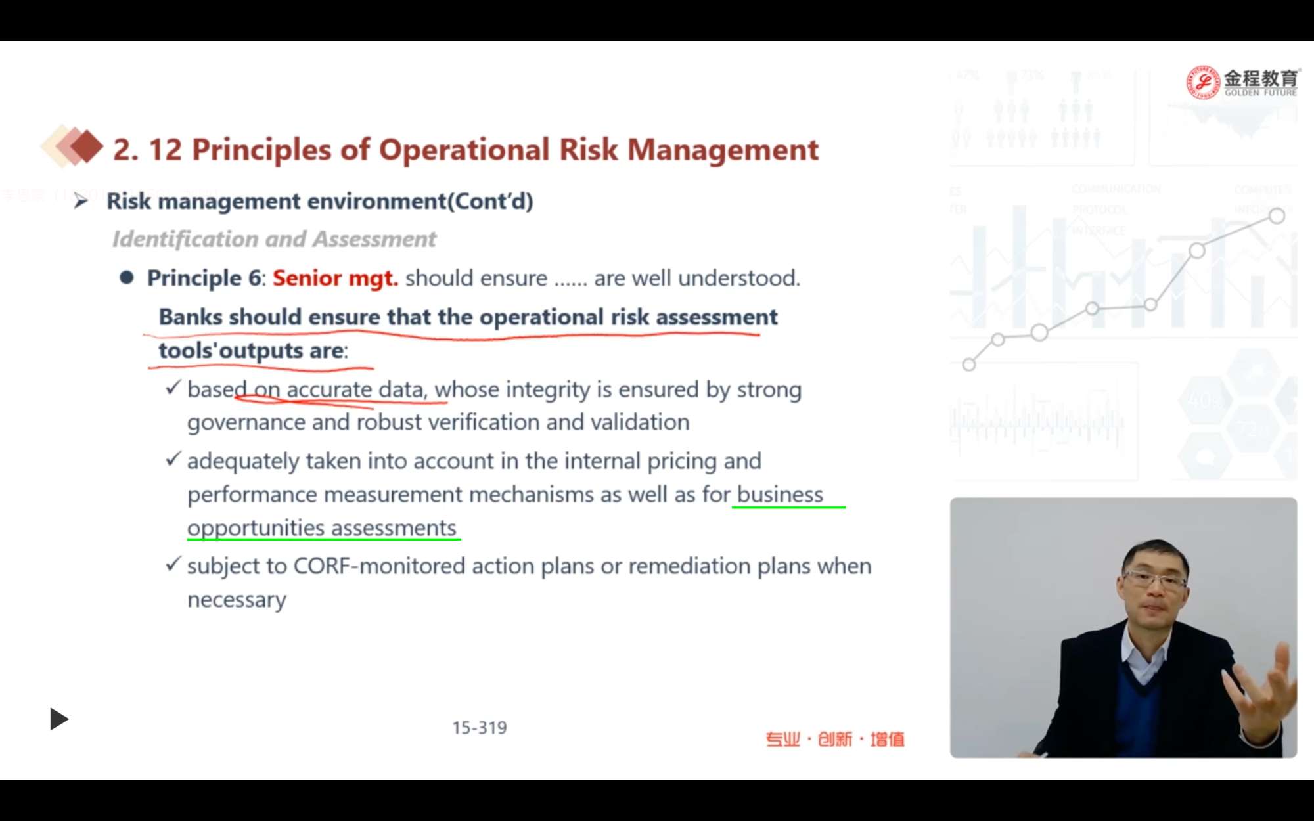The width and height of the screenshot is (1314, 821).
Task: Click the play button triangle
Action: [x=59, y=719]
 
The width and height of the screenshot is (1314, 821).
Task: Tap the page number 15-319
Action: [x=480, y=728]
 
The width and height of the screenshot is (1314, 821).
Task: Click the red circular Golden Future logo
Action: [x=1202, y=82]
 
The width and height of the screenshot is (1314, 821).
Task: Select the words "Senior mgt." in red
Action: [x=335, y=278]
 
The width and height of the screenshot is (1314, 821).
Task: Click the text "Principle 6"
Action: [x=204, y=278]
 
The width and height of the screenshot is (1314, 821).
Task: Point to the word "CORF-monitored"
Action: [x=379, y=566]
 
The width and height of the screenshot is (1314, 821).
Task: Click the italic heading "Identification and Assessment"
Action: [x=274, y=239]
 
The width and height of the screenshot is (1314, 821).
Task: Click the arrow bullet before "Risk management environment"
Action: [x=81, y=201]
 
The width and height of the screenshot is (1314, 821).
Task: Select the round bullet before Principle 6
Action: [x=127, y=278]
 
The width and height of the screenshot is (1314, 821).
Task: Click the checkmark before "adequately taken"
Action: [x=173, y=459]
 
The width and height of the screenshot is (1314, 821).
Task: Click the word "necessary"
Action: [x=237, y=600]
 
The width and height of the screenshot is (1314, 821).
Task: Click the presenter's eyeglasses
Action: [x=1154, y=580]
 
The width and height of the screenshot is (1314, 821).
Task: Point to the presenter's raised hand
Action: [x=1261, y=696]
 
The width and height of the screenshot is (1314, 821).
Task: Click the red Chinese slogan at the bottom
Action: [x=835, y=740]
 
